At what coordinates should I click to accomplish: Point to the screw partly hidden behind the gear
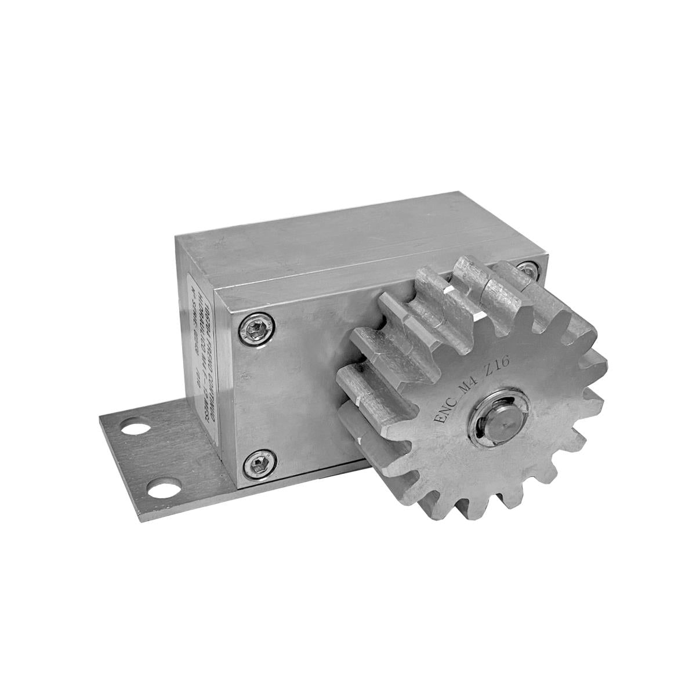[x=527, y=269]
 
